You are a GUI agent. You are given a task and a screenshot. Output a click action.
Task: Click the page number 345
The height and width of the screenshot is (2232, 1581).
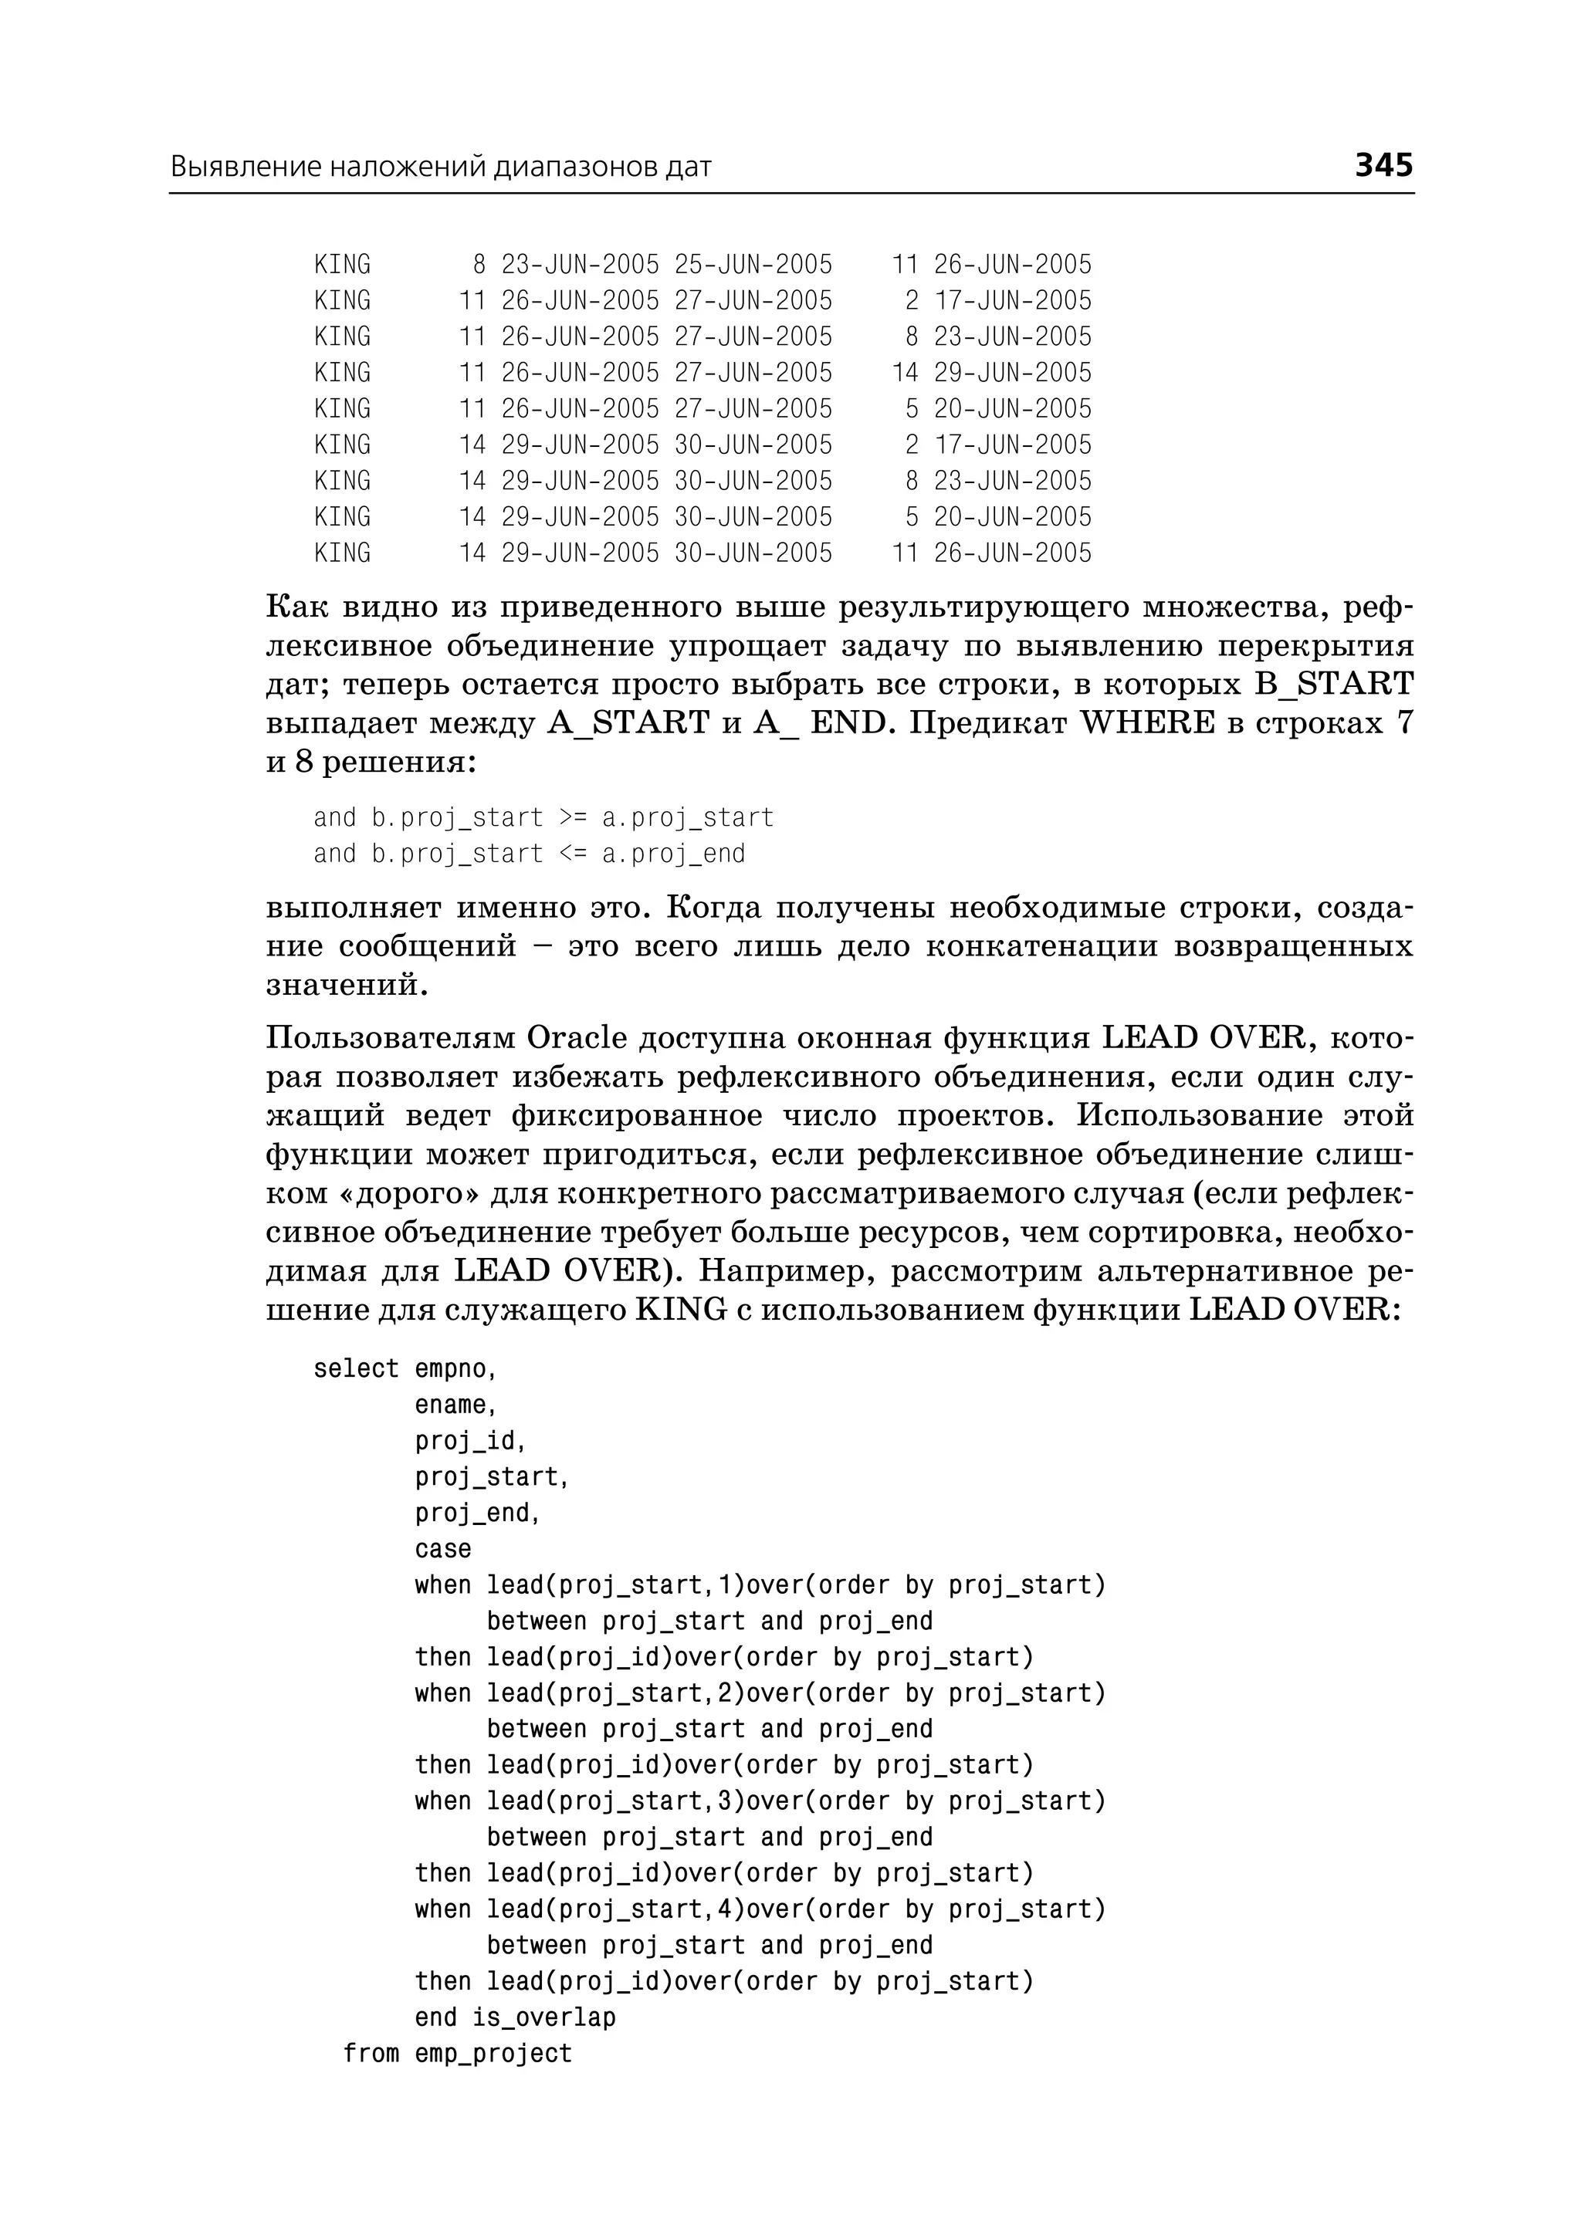1383,164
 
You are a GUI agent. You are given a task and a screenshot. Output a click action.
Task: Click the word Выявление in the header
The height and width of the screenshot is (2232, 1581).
245,167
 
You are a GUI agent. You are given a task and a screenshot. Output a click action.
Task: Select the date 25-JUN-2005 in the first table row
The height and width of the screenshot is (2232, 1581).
753,265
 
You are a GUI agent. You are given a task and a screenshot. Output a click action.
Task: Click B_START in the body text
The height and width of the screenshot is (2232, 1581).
1334,685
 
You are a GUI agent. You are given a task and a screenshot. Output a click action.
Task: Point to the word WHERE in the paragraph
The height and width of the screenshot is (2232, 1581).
1149,723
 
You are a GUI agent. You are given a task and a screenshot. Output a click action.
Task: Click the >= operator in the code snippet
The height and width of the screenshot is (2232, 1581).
573,817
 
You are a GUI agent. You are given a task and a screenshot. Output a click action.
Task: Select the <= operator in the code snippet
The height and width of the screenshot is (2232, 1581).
573,854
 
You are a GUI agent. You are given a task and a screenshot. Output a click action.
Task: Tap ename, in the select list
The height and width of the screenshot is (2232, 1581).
455,1405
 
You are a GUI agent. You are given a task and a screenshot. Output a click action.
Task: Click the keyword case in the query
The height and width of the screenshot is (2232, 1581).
443,1549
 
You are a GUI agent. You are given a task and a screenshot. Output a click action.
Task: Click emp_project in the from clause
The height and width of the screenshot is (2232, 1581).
493,2053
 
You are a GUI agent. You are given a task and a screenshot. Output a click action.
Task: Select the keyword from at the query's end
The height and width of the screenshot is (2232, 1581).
371,2053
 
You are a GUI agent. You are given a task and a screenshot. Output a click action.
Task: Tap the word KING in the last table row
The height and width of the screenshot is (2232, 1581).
342,553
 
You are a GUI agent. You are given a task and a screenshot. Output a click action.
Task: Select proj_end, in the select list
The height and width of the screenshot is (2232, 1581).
477,1513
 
